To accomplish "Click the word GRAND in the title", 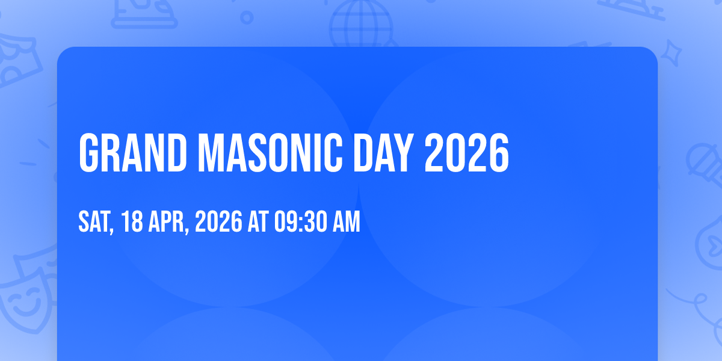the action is pyautogui.click(x=133, y=153).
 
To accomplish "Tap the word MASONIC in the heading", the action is pyautogui.click(x=270, y=153).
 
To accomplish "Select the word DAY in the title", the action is pyautogui.click(x=384, y=153).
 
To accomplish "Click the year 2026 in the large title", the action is pyautogui.click(x=467, y=153).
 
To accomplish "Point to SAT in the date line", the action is pyautogui.click(x=94, y=221).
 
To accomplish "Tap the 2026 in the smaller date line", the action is pyautogui.click(x=218, y=221).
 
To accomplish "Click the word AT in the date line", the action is pyautogui.click(x=258, y=221).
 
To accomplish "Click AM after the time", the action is pyautogui.click(x=347, y=221).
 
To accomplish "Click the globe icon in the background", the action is pyautogui.click(x=361, y=24).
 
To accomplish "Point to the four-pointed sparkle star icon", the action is pyautogui.click(x=671, y=53).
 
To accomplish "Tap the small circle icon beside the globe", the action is pyautogui.click(x=247, y=17).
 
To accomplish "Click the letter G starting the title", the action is pyautogui.click(x=88, y=153).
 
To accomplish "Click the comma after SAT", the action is pyautogui.click(x=112, y=230).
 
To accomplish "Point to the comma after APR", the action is pyautogui.click(x=187, y=230).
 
